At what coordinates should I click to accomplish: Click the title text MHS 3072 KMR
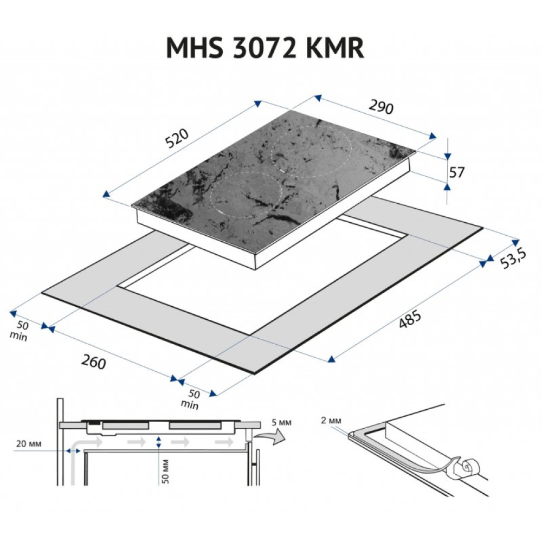coord(264,48)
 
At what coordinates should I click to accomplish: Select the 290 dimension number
coord(380,107)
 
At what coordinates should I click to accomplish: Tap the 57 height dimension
coord(458,172)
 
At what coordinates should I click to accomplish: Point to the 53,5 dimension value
coord(513,260)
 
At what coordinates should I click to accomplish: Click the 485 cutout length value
coord(410,321)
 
